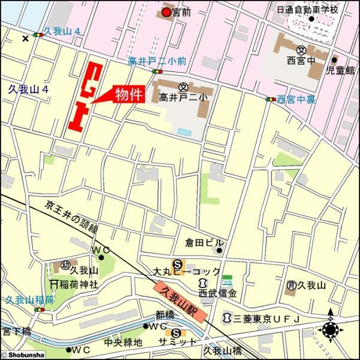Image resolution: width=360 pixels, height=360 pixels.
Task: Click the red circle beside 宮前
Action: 166,11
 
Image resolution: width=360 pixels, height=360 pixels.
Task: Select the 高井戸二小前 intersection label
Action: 157,61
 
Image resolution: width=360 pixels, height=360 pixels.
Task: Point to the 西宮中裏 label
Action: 296,99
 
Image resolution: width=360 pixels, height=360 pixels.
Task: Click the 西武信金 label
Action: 218,293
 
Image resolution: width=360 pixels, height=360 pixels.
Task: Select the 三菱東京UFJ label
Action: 266,317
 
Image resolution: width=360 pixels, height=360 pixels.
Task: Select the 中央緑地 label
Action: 123,343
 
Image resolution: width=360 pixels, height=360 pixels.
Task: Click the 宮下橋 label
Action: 15,331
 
